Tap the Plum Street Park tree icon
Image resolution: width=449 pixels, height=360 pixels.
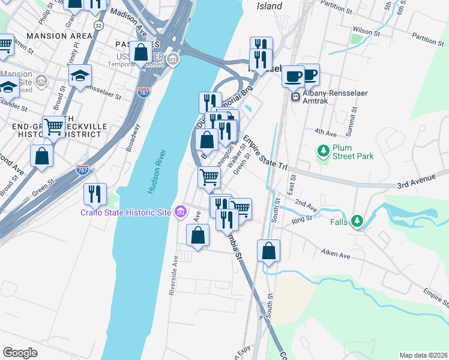(x=324, y=149)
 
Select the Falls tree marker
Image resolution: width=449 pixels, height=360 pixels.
(x=358, y=221)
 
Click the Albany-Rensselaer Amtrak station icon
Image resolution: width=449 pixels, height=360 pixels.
(x=295, y=97)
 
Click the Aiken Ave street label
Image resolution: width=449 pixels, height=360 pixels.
(x=336, y=255)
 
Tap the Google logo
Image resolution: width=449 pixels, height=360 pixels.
(x=20, y=352)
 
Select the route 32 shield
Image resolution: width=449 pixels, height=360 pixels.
(x=98, y=26)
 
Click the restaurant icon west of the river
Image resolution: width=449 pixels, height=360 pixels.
(x=95, y=194)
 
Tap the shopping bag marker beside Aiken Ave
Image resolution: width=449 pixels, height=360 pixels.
(x=269, y=250)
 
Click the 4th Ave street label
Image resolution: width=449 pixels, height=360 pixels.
(x=325, y=132)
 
